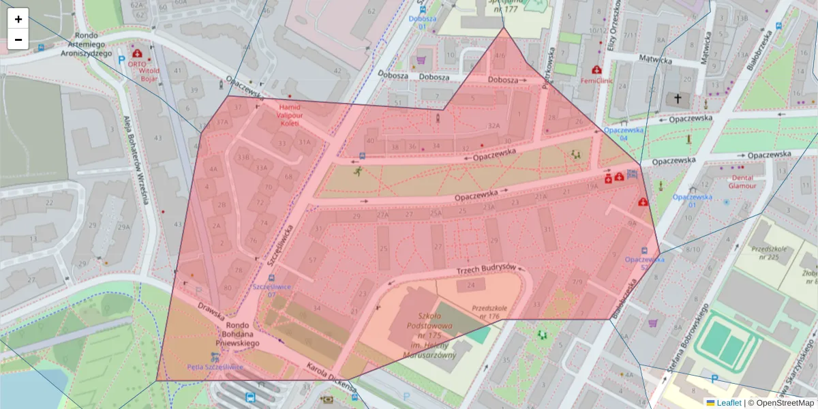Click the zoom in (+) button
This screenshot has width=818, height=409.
click(x=18, y=19)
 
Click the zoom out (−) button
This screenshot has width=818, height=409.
click(x=18, y=39)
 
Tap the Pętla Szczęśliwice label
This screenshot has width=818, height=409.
click(x=215, y=367)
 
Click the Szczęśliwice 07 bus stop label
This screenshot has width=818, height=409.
click(x=272, y=290)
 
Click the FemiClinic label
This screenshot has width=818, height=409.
click(x=596, y=80)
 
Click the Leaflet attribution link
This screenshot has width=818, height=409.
click(x=728, y=403)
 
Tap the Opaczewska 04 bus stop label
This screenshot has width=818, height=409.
click(x=622, y=134)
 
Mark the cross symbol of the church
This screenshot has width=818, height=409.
click(x=678, y=100)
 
